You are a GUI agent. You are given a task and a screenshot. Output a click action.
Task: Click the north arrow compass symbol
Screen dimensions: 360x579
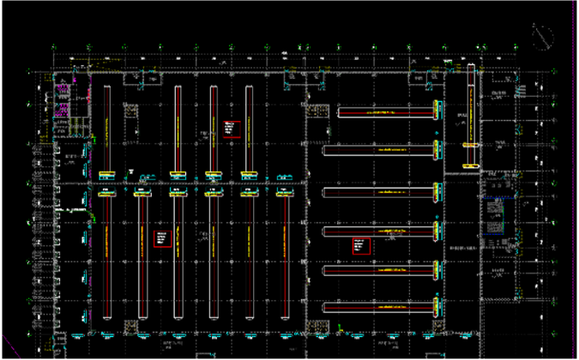click(541, 36)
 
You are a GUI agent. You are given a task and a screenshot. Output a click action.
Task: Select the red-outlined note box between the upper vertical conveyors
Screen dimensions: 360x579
click(229, 129)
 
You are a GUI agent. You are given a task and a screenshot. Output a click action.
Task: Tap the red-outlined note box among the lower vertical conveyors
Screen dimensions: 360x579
click(160, 237)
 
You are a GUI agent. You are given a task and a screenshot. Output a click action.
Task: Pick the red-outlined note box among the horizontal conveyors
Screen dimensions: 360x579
click(360, 244)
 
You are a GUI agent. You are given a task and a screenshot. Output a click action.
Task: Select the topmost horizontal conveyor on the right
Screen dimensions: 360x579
click(385, 112)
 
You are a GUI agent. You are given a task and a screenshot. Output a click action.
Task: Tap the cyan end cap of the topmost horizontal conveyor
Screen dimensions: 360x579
click(437, 111)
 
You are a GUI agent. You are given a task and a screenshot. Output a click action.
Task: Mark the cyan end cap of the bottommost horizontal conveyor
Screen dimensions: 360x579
click(437, 306)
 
